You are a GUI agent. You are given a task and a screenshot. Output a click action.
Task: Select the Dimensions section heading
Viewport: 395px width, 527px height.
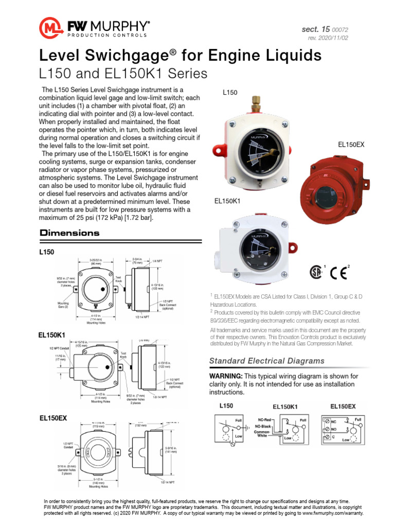69,233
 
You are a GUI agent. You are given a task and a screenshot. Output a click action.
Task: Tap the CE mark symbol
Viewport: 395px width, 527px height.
339,273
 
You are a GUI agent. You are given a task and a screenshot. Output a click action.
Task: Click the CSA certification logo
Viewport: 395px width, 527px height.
315,272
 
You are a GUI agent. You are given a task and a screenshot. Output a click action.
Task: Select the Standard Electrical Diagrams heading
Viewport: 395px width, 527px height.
267,361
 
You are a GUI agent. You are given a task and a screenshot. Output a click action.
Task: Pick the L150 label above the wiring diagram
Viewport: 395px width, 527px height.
226,406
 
